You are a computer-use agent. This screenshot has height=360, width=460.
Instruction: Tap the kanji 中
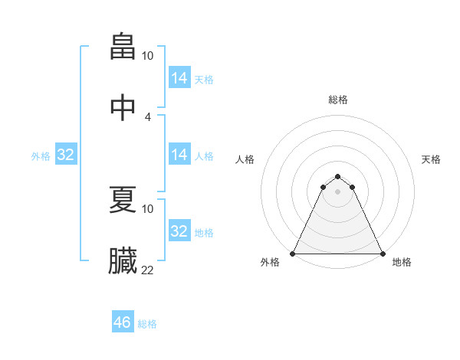tap(123, 108)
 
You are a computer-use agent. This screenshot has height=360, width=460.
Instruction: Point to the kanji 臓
tap(123, 261)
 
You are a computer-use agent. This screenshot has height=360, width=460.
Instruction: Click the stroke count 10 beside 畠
tap(148, 56)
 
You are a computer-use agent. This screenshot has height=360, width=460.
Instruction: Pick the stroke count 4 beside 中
tap(148, 116)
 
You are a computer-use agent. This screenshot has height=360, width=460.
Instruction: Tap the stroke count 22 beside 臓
tap(148, 270)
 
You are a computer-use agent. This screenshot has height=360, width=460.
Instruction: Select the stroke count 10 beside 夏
tap(148, 208)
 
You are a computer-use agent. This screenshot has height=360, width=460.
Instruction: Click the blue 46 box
tap(123, 322)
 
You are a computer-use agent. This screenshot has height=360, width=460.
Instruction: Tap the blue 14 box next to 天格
tap(179, 78)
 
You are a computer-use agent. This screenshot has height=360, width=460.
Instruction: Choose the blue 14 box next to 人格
tap(179, 155)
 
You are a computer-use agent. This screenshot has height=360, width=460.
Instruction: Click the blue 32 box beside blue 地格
tap(179, 231)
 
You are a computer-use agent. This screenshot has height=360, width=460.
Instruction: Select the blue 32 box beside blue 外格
tap(66, 155)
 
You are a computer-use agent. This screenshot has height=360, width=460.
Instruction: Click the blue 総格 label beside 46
tap(147, 324)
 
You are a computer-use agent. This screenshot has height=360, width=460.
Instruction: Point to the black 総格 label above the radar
tap(338, 100)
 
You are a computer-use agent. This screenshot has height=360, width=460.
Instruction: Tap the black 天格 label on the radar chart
tap(431, 159)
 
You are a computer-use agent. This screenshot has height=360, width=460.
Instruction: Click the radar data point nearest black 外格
tap(294, 254)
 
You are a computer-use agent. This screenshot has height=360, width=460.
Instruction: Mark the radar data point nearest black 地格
tap(383, 254)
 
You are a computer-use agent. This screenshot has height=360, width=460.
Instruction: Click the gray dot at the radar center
tap(338, 191)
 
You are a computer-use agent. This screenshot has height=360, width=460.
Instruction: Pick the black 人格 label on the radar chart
tap(245, 159)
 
